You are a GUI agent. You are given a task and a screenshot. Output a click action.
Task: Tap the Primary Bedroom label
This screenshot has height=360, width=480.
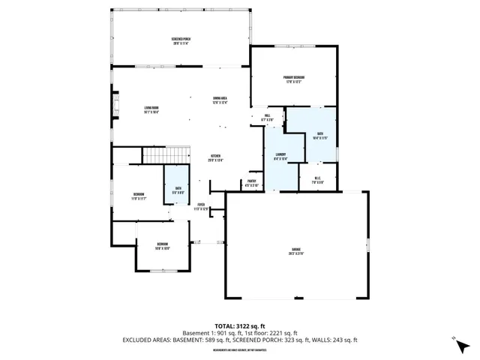[293, 79]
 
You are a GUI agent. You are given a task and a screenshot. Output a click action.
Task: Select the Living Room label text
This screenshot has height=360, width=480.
[152, 110]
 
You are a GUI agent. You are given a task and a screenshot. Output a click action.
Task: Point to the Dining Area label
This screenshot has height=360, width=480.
[220, 100]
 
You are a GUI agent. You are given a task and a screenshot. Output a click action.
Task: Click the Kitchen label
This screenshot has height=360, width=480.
[216, 158]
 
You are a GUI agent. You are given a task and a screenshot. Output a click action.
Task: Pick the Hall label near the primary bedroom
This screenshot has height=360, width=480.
[267, 118]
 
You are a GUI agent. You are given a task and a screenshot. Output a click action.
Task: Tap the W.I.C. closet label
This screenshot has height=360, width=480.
[318, 180]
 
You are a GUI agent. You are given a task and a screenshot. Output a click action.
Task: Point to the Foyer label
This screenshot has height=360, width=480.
[202, 206]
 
